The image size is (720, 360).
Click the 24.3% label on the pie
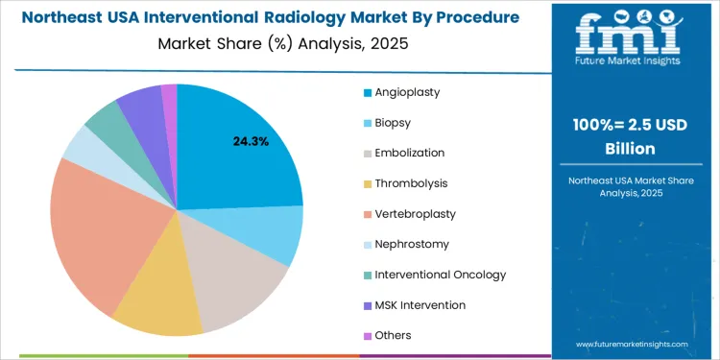(x=251, y=141)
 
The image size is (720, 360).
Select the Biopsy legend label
(x=395, y=123)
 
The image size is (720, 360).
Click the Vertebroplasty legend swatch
(x=368, y=214)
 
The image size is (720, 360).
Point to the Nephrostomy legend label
(x=412, y=244)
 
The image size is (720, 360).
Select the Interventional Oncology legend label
(x=440, y=275)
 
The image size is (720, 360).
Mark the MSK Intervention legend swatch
(x=368, y=305)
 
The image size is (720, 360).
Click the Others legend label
(x=394, y=335)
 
